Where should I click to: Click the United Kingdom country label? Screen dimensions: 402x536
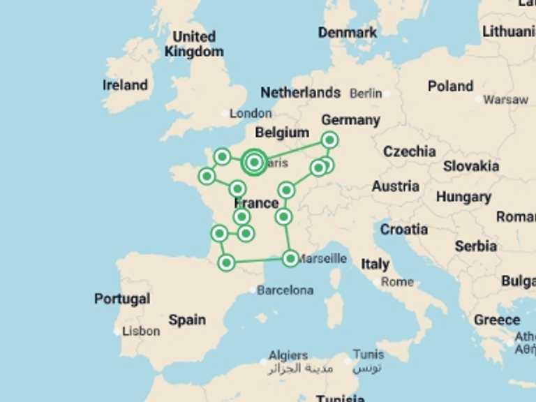click(x=194, y=44)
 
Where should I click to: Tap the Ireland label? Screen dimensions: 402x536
click(x=125, y=85)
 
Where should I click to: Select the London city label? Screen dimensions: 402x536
click(x=251, y=113)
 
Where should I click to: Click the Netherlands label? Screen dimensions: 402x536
click(x=300, y=93)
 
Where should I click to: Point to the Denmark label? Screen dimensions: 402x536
click(x=347, y=33)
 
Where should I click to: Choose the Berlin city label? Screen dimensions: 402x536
click(x=366, y=93)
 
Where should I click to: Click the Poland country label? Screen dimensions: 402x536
click(x=450, y=87)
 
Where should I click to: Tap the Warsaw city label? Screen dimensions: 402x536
click(x=505, y=100)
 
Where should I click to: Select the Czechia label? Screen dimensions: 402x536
click(x=409, y=151)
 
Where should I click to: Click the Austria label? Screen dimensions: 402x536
click(x=395, y=186)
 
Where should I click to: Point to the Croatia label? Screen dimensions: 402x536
click(x=404, y=229)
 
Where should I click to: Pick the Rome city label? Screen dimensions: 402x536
click(x=397, y=282)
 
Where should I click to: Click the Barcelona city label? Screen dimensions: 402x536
click(x=285, y=290)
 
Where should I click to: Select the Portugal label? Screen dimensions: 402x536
click(x=122, y=299)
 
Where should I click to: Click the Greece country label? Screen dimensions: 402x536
click(x=496, y=320)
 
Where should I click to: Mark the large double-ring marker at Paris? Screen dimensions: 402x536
click(x=254, y=163)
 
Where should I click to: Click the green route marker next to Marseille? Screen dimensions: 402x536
click(x=291, y=258)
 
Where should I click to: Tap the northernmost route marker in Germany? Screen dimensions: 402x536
click(x=329, y=140)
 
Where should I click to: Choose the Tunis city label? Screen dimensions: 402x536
click(x=368, y=355)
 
